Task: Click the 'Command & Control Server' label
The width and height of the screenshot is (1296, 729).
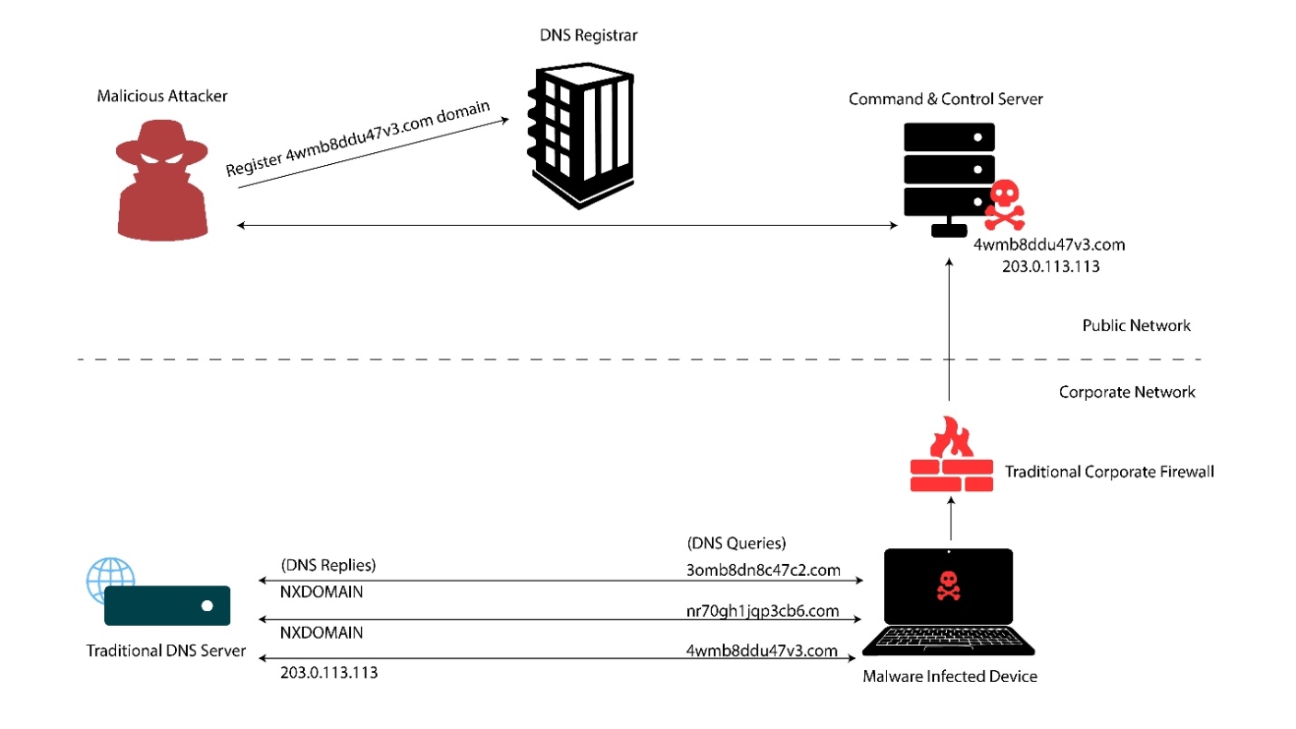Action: coord(945,99)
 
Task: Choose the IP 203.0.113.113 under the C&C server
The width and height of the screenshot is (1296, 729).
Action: coord(1049,265)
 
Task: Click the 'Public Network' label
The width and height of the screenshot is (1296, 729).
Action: coord(1136,325)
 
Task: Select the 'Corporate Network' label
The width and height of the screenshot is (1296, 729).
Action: coord(1127,392)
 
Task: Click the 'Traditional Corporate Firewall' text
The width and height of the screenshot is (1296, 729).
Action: coord(1109,472)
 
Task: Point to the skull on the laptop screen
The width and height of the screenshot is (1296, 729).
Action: coord(948,584)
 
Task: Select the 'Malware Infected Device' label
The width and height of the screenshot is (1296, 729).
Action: coord(949,676)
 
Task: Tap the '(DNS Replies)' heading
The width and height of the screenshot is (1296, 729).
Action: coord(328,564)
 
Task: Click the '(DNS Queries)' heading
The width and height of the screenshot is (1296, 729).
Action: coord(736,543)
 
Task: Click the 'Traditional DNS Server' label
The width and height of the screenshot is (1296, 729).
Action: coord(166,651)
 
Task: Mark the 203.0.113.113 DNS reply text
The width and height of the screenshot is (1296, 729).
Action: coord(329,673)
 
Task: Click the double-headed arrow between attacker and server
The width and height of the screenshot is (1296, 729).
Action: coord(566,225)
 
